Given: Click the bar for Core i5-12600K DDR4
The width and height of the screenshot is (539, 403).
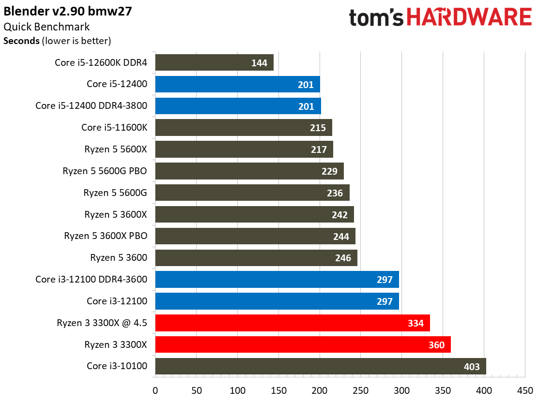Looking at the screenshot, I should (x=214, y=62).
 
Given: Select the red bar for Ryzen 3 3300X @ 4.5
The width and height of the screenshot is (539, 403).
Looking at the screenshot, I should (x=292, y=323).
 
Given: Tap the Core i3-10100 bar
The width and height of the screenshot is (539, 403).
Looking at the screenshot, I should (x=320, y=367).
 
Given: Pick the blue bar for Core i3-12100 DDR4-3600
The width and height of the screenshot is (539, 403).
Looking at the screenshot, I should (x=277, y=280).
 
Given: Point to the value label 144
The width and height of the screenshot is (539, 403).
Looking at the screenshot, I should (x=260, y=62).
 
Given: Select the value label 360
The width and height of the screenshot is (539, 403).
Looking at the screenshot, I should (x=437, y=345).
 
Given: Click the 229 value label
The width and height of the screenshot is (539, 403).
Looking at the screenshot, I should (x=330, y=171).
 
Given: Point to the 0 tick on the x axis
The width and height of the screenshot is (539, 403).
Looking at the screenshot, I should (x=155, y=390).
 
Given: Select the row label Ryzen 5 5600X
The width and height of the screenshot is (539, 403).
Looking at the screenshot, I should (x=115, y=149).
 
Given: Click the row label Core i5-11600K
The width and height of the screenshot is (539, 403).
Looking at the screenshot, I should (x=114, y=127).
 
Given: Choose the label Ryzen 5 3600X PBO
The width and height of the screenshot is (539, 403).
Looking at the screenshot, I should (x=105, y=236).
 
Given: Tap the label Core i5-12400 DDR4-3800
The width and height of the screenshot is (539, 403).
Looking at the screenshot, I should (x=91, y=105).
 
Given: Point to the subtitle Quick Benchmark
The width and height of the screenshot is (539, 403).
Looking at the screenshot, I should (x=46, y=28).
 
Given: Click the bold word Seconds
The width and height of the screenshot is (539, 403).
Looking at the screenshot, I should (x=22, y=41).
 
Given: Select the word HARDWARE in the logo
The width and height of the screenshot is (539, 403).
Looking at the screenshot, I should (x=469, y=18).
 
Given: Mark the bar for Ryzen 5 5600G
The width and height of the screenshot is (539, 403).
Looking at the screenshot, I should (x=252, y=193).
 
